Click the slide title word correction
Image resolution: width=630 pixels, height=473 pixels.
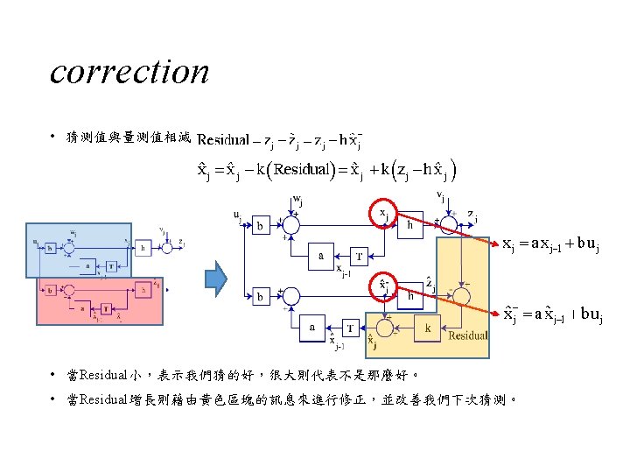tap(129, 72)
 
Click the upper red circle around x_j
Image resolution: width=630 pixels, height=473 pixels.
tap(384, 213)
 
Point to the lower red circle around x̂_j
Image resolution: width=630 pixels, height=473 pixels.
tap(384, 287)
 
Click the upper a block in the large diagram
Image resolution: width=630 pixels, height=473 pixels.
tap(321, 256)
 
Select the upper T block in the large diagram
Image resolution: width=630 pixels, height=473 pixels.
tap(358, 256)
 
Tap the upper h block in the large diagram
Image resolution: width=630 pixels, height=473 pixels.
tap(411, 224)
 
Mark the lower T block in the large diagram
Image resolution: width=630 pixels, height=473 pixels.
tap(350, 328)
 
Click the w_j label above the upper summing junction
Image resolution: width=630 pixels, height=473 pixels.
tap(297, 201)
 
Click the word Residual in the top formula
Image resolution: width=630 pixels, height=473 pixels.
tap(223, 140)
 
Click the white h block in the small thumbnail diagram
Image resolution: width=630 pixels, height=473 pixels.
tap(142, 248)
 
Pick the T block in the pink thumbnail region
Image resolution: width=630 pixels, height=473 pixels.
tap(107, 307)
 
